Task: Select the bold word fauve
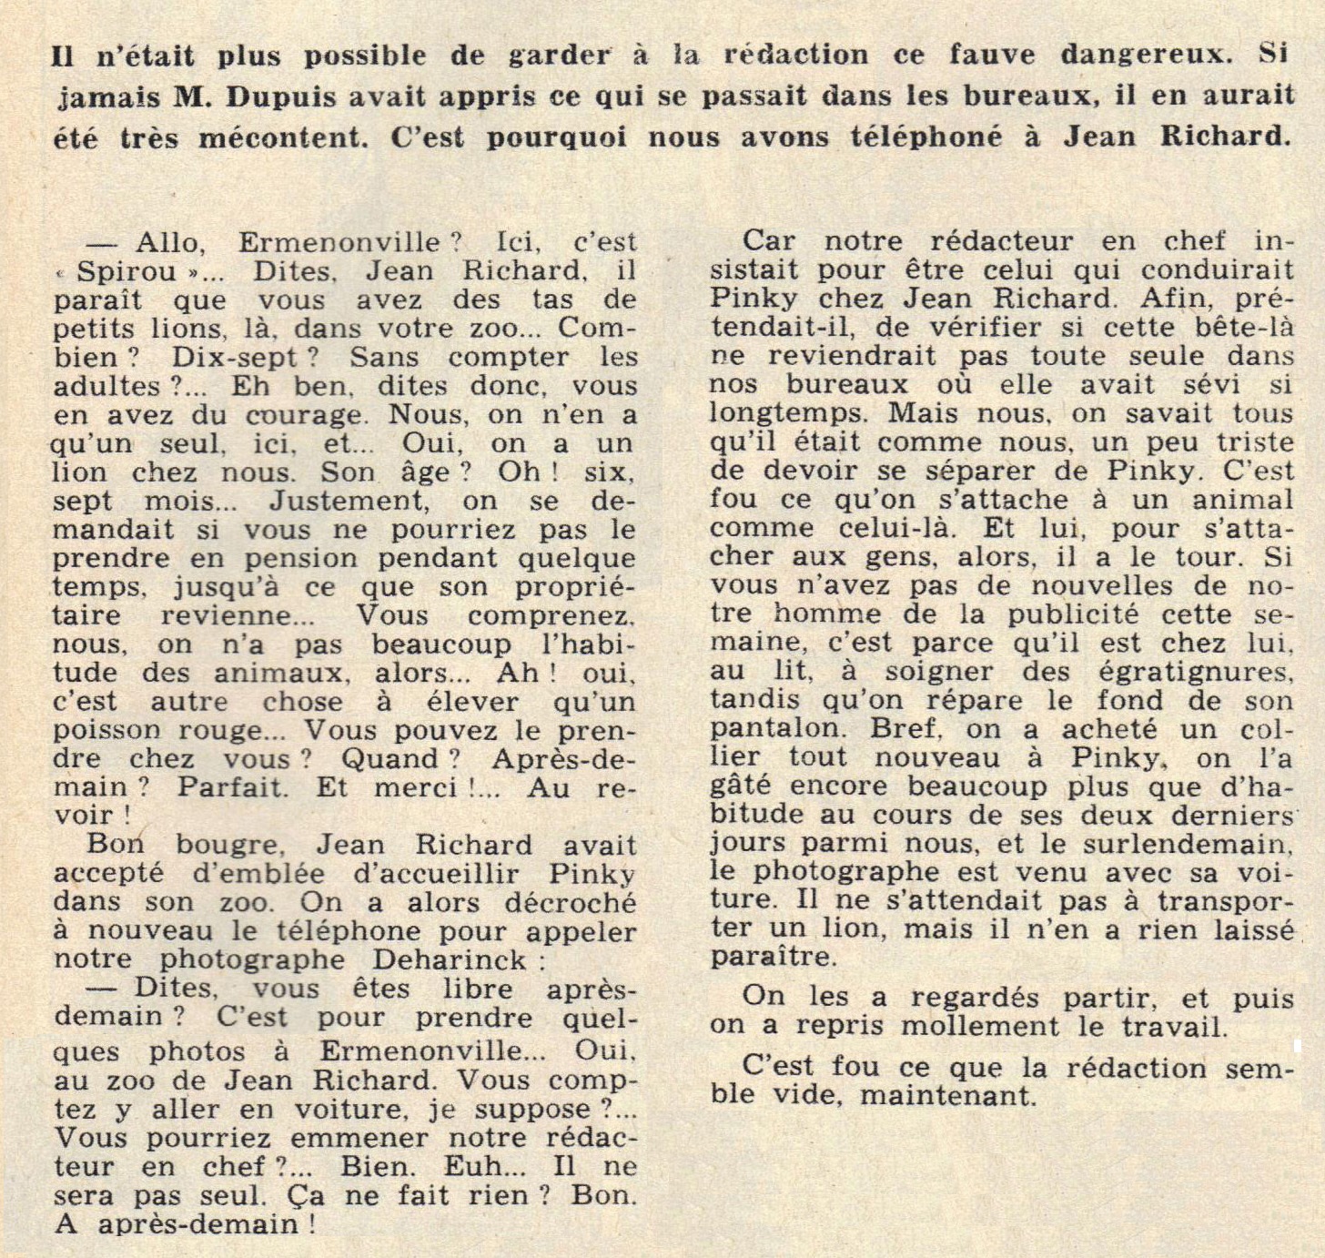(x=987, y=55)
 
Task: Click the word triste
(x=1253, y=442)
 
